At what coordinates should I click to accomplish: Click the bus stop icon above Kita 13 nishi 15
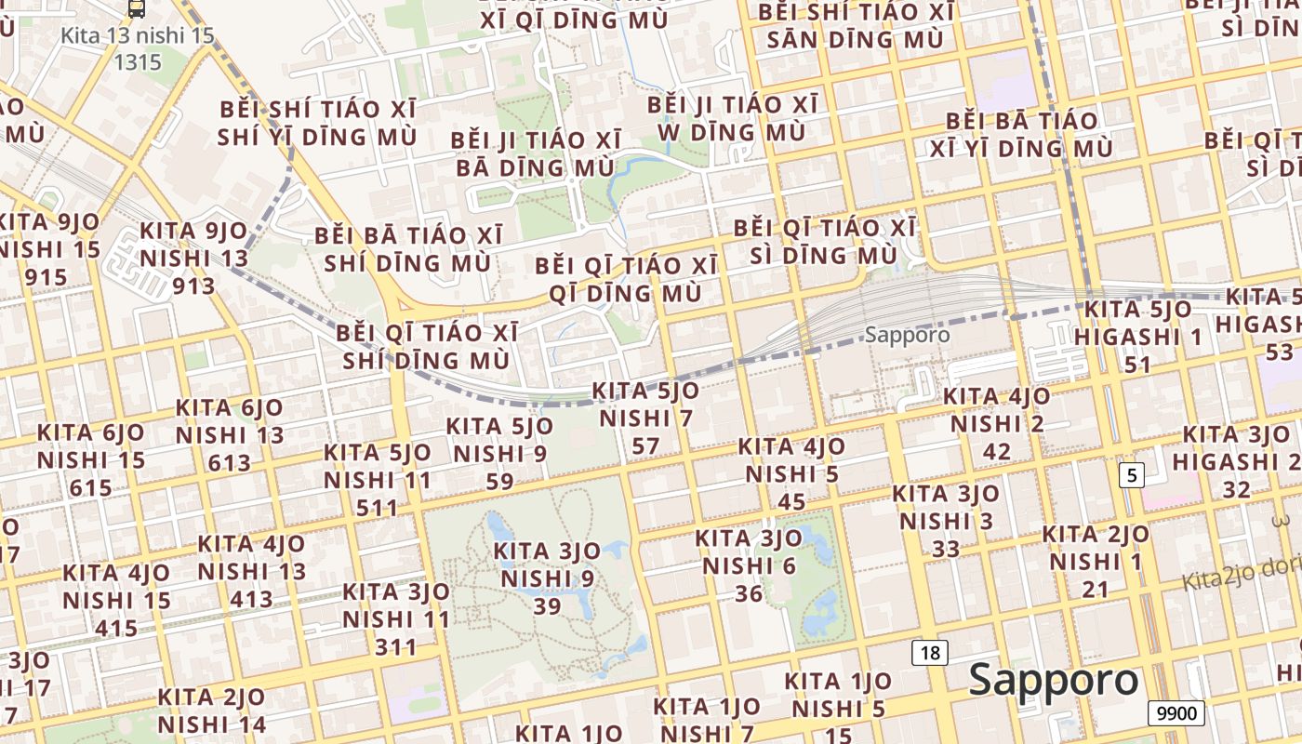[x=137, y=8]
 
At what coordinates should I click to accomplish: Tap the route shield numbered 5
[x=1130, y=475]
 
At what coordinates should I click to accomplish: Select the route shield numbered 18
[x=930, y=653]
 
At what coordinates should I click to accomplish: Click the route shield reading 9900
[x=1176, y=713]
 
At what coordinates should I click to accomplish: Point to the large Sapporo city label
[x=1054, y=680]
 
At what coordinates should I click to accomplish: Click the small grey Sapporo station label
[x=907, y=335]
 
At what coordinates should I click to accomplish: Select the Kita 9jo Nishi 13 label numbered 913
[x=194, y=258]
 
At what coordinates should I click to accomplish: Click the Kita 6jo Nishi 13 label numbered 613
[x=230, y=434]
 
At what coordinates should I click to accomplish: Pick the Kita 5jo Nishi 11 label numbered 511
[x=378, y=480]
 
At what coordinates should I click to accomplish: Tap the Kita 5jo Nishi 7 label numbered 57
[x=645, y=418]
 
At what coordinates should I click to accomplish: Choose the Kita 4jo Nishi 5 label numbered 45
[x=792, y=474]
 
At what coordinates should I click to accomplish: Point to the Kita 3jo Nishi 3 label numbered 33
[x=946, y=521]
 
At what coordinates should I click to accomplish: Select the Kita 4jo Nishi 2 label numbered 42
[x=997, y=424]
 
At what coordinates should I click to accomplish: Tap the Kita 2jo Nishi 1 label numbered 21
[x=1096, y=562]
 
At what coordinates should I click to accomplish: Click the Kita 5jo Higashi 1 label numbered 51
[x=1138, y=336]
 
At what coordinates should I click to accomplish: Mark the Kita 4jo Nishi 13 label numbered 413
[x=252, y=571]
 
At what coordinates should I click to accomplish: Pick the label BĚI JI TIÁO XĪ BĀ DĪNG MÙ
[x=535, y=153]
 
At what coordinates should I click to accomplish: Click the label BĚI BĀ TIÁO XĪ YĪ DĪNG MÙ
[x=1029, y=134]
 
